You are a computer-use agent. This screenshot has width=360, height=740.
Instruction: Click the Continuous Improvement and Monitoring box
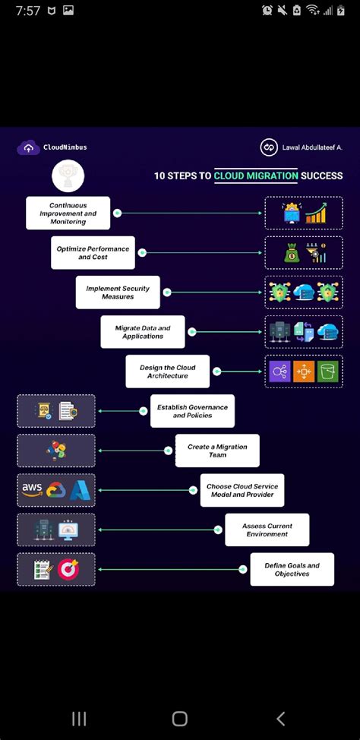pyautogui.click(x=68, y=213)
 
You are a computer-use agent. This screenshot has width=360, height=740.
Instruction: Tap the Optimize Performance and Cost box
pyautogui.click(x=93, y=253)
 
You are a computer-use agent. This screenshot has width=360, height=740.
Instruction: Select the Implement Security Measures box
pyautogui.click(x=118, y=293)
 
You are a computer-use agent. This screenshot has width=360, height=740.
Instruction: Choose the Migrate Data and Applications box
pyautogui.click(x=143, y=332)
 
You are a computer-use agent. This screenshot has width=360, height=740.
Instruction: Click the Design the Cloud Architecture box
pyautogui.click(x=168, y=372)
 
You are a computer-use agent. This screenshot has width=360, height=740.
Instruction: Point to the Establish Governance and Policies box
pyautogui.click(x=192, y=411)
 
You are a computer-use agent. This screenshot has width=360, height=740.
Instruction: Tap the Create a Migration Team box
pyautogui.click(x=217, y=451)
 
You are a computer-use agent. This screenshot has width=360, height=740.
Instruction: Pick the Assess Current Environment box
pyautogui.click(x=267, y=530)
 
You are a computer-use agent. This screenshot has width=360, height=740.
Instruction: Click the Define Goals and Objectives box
pyautogui.click(x=292, y=570)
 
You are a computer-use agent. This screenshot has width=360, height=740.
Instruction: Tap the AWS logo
pyautogui.click(x=32, y=490)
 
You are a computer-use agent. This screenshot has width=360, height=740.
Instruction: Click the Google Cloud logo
pyautogui.click(x=55, y=490)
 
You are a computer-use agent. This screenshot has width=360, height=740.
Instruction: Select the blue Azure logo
pyautogui.click(x=80, y=490)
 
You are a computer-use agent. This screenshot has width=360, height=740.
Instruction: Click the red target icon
pyautogui.click(x=68, y=569)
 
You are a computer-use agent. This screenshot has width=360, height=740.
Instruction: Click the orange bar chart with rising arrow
pyautogui.click(x=316, y=213)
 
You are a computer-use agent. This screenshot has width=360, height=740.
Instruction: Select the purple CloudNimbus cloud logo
pyautogui.click(x=29, y=147)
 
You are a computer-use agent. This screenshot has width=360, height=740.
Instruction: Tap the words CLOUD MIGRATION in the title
pyautogui.click(x=256, y=176)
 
